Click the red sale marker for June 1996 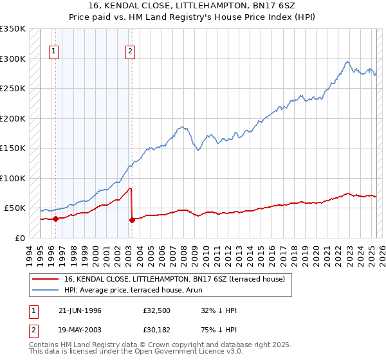coord(55,219)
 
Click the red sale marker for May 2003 coord(132,220)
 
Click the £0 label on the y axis coord(20,238)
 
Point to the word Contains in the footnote coord(44,345)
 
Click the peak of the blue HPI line coord(347,62)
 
